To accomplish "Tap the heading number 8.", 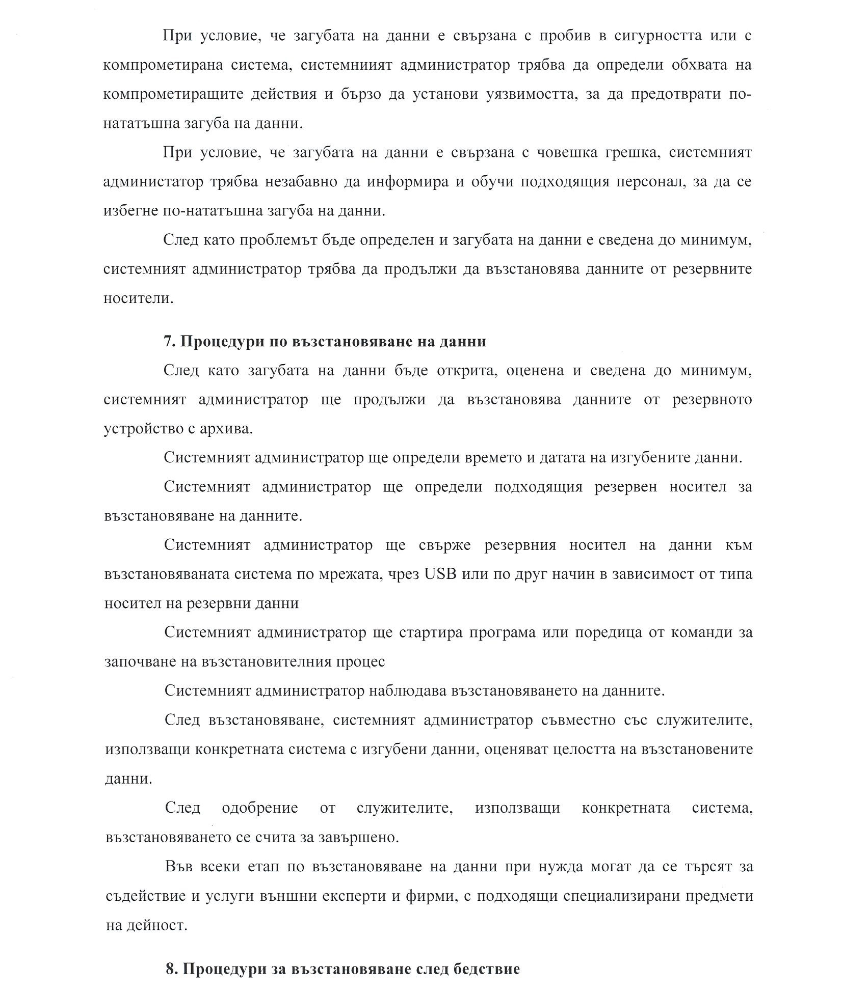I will click(x=172, y=969).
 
